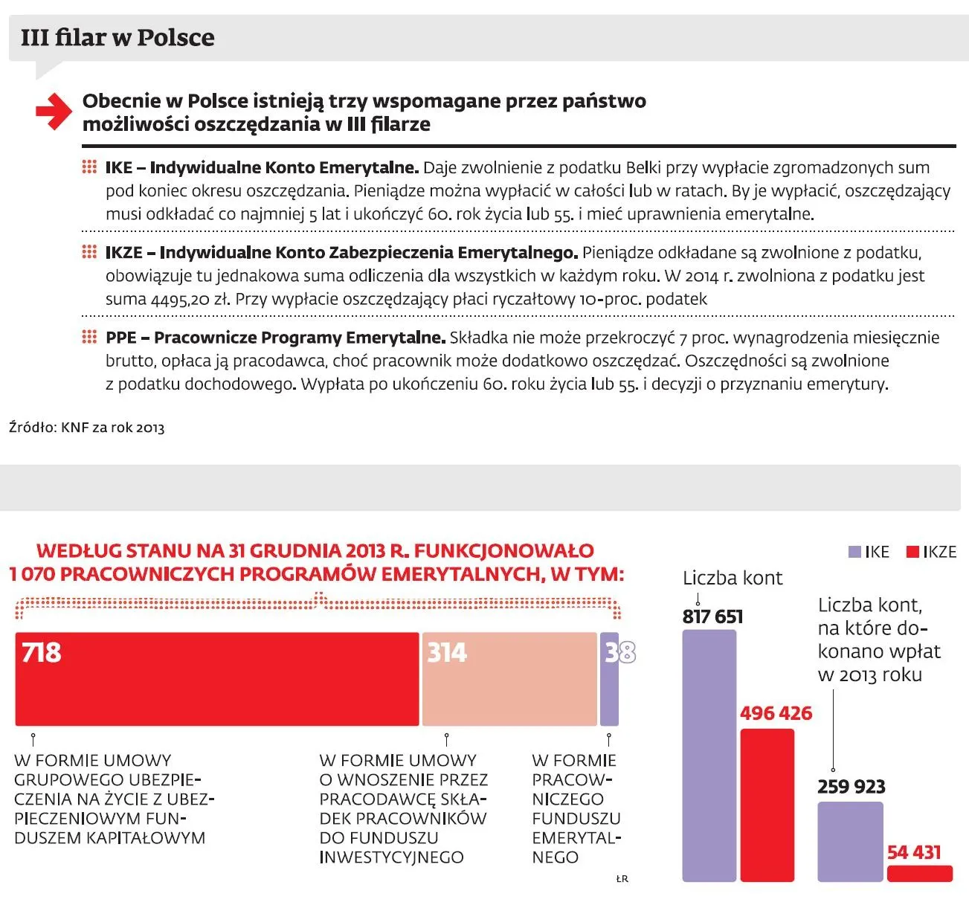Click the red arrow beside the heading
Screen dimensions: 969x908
[x=54, y=112]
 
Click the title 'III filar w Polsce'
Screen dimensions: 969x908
[x=117, y=38]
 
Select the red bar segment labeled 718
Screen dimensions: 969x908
[x=217, y=679]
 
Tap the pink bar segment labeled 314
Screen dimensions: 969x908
[x=509, y=679]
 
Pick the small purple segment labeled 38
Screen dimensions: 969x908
[x=609, y=679]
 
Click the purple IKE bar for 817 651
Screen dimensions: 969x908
[x=709, y=756]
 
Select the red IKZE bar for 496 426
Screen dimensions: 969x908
[x=767, y=805]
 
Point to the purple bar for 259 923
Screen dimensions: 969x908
[x=851, y=842]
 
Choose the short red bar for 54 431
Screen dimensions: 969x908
[x=920, y=873]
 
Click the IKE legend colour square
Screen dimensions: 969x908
[x=854, y=552]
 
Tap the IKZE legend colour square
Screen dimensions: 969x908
[x=912, y=552]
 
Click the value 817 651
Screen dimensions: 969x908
[x=713, y=616]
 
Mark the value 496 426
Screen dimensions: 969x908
[x=776, y=713]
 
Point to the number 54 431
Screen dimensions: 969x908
[x=914, y=852]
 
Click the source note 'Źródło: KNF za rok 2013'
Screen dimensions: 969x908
[x=87, y=428]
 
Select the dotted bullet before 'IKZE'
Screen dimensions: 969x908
[x=89, y=252]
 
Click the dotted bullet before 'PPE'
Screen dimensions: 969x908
[x=89, y=337]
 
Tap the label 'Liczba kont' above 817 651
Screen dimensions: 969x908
[x=733, y=578]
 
